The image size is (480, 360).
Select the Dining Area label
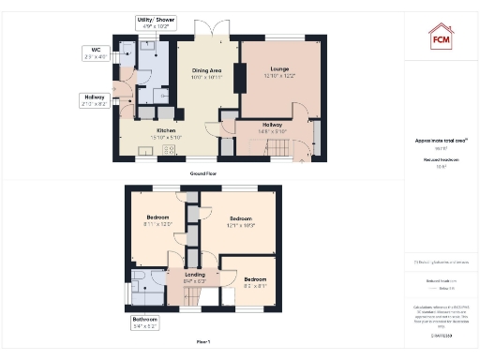tap(205, 73)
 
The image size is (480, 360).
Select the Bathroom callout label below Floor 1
tap(145, 322)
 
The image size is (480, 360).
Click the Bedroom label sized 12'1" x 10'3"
tap(241, 222)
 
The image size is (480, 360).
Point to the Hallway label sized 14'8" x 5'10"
tap(272, 127)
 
